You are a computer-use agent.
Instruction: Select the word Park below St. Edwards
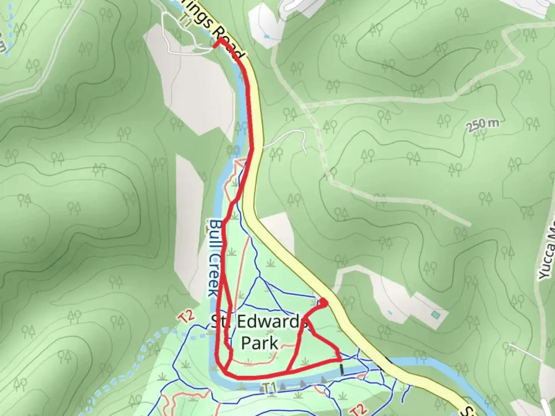pyautogui.click(x=260, y=342)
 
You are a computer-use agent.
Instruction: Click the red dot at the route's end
pyautogui.click(x=324, y=303)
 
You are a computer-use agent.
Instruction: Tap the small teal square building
pyautogui.click(x=436, y=315)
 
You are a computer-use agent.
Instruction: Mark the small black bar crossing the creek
pyautogui.click(x=341, y=369)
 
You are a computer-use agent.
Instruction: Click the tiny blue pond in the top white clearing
pyautogui.click(x=267, y=37)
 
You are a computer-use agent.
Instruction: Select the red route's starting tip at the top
pyautogui.click(x=215, y=46)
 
